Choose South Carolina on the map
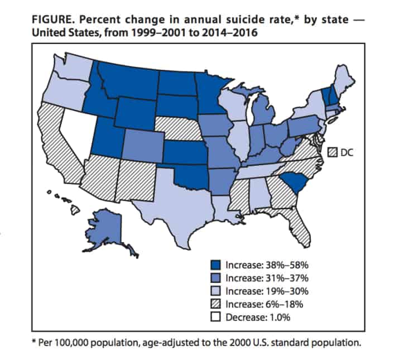pos(292,181)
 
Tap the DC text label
pos(347,151)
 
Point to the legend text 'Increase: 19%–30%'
pos(267,291)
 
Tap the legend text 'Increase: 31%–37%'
pos(267,277)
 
